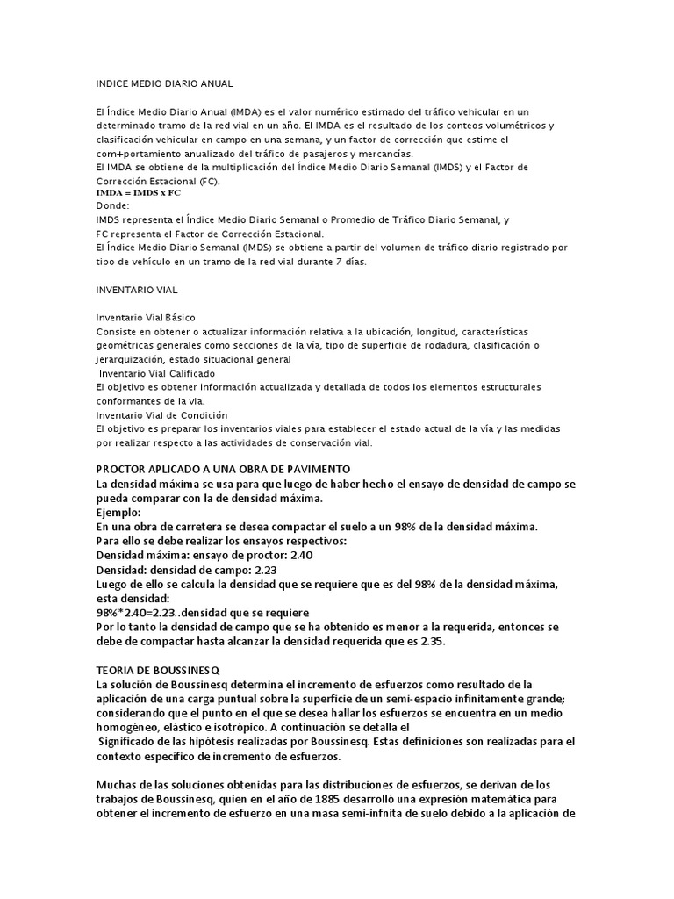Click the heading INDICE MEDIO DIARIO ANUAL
click(x=164, y=83)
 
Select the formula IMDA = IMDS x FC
click(x=139, y=191)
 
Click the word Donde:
click(x=112, y=205)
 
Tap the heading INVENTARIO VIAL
click(x=137, y=289)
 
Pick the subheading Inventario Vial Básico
click(x=146, y=317)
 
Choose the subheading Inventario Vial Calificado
click(x=157, y=373)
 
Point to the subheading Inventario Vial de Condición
click(x=161, y=414)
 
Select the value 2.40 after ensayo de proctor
click(x=299, y=555)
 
